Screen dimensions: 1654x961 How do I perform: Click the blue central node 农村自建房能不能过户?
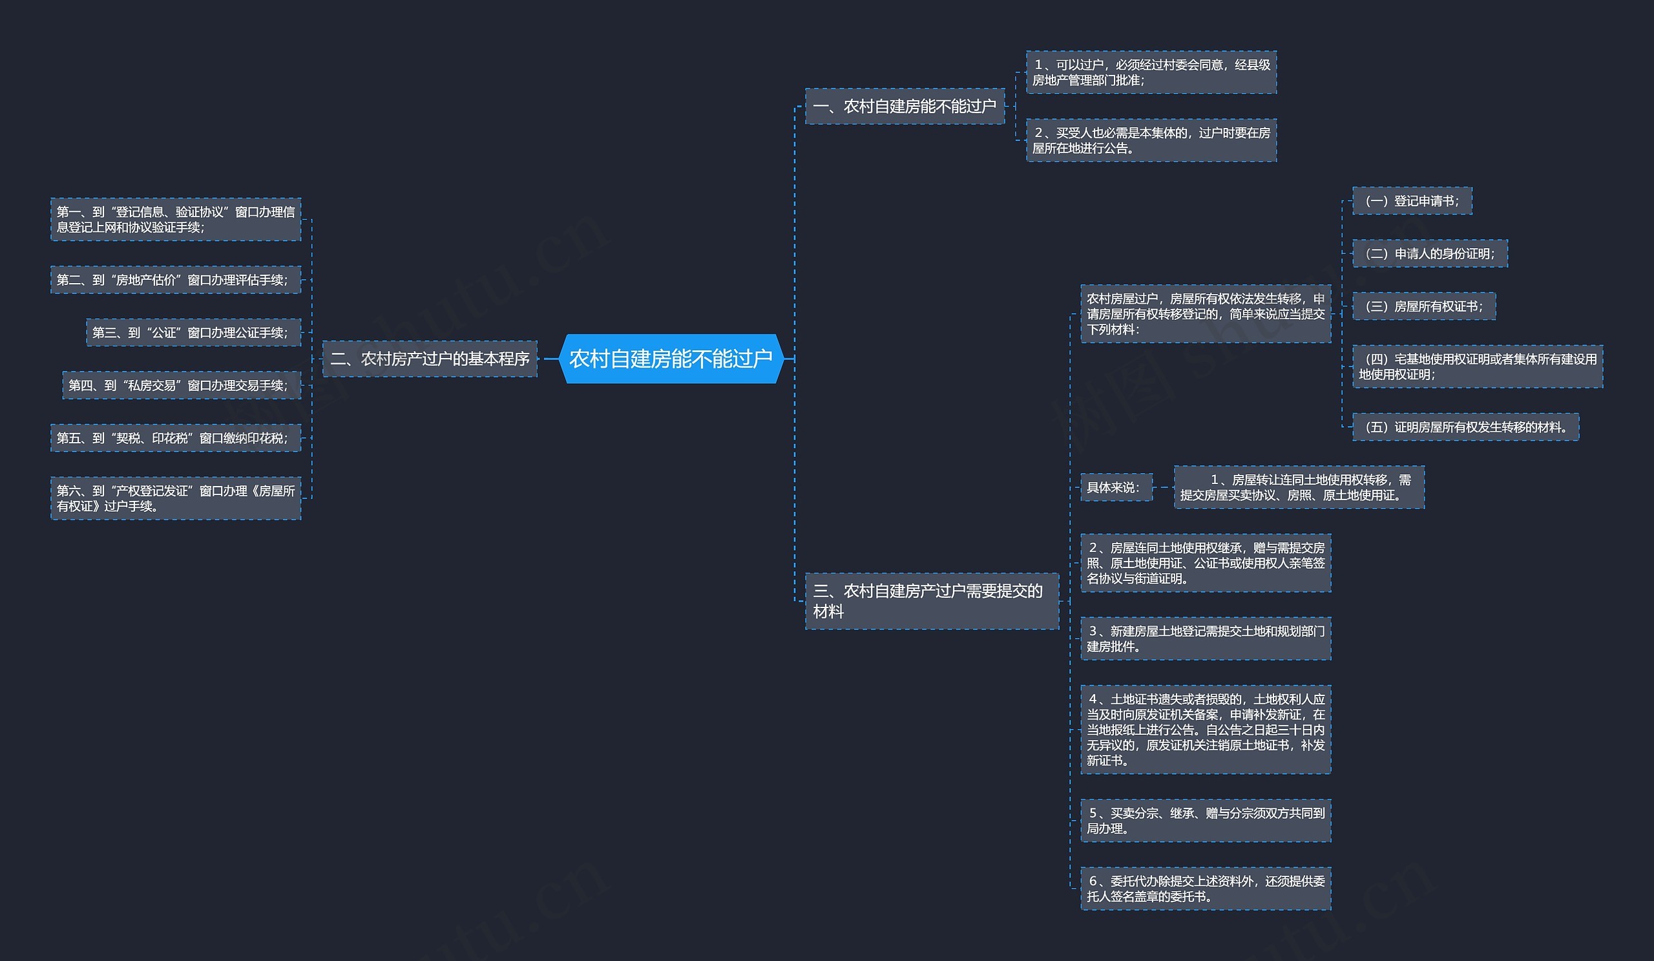click(671, 359)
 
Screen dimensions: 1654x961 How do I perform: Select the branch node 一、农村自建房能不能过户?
click(905, 107)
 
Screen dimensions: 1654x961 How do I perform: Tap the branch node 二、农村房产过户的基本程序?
click(429, 359)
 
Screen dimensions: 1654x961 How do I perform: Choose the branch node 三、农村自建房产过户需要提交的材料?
click(932, 601)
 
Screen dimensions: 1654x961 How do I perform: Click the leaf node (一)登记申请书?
click(1412, 201)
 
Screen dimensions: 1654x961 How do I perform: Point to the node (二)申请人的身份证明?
click(1430, 253)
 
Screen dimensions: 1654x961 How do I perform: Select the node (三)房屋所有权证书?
click(1423, 306)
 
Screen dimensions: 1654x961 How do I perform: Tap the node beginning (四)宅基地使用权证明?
click(1478, 366)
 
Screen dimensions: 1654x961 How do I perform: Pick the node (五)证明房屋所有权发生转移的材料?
click(1465, 427)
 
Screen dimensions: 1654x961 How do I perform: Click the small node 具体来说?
click(1116, 487)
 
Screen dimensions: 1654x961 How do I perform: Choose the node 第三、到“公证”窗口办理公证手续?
click(193, 333)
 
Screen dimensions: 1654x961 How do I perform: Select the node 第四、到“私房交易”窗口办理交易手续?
click(181, 385)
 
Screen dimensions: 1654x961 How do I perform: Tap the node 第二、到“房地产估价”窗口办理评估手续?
click(175, 280)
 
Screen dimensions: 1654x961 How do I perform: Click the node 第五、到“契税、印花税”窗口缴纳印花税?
click(175, 438)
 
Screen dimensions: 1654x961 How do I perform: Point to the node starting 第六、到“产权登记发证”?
click(175, 498)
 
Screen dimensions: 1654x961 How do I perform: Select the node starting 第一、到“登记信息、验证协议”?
click(175, 219)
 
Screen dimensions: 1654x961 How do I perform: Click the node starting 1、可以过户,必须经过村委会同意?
click(1151, 72)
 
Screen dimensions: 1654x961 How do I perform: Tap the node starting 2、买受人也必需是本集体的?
click(1151, 140)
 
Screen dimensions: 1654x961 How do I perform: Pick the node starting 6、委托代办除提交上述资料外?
click(1206, 888)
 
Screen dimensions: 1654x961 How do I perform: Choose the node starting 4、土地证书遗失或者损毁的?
click(1206, 729)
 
